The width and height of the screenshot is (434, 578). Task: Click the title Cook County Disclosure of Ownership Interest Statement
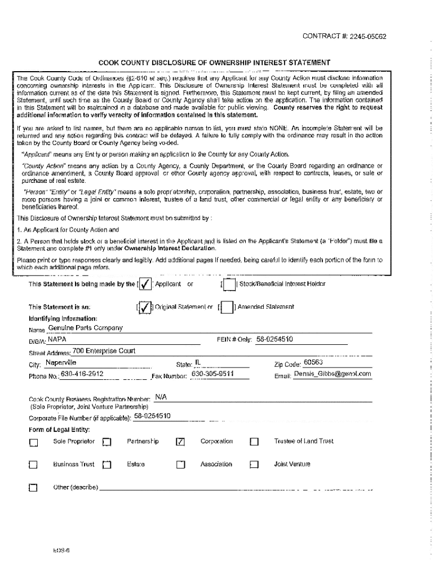[214, 63]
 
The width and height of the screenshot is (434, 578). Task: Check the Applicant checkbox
[145, 284]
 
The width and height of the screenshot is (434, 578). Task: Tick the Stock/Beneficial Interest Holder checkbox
[229, 284]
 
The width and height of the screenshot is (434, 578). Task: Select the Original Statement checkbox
[145, 307]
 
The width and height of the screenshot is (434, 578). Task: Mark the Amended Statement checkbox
[227, 308]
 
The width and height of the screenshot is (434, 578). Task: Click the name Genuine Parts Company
[85, 328]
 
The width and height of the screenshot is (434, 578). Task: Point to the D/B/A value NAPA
[57, 340]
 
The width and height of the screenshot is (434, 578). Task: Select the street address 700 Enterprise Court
[100, 351]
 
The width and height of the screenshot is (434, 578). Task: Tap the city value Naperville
[61, 362]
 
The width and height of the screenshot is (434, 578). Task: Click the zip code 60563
[313, 362]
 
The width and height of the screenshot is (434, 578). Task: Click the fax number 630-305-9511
[212, 374]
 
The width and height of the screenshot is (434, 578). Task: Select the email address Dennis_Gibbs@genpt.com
[333, 374]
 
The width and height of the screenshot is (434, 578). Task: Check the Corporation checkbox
[180, 442]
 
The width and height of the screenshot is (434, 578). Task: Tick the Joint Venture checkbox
[254, 465]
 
